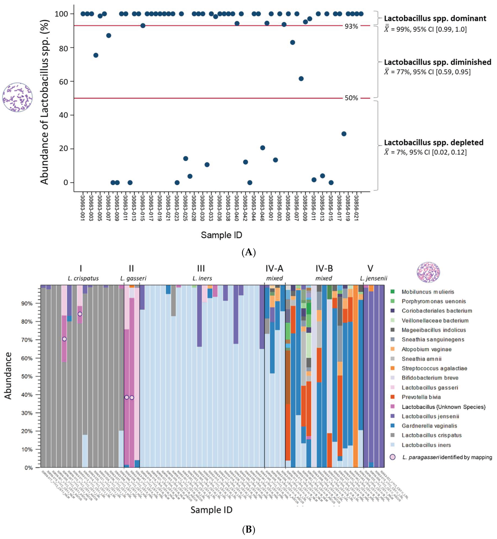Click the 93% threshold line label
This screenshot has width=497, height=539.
tap(351, 26)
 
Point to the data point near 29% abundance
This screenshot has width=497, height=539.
tap(344, 134)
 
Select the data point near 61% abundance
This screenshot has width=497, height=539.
tap(301, 79)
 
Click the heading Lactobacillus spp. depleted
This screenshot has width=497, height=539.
tap(433, 142)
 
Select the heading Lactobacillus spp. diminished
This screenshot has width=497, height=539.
tap(437, 62)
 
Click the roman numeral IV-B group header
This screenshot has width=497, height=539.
tap(324, 269)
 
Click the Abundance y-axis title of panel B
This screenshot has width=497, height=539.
tap(9, 376)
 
